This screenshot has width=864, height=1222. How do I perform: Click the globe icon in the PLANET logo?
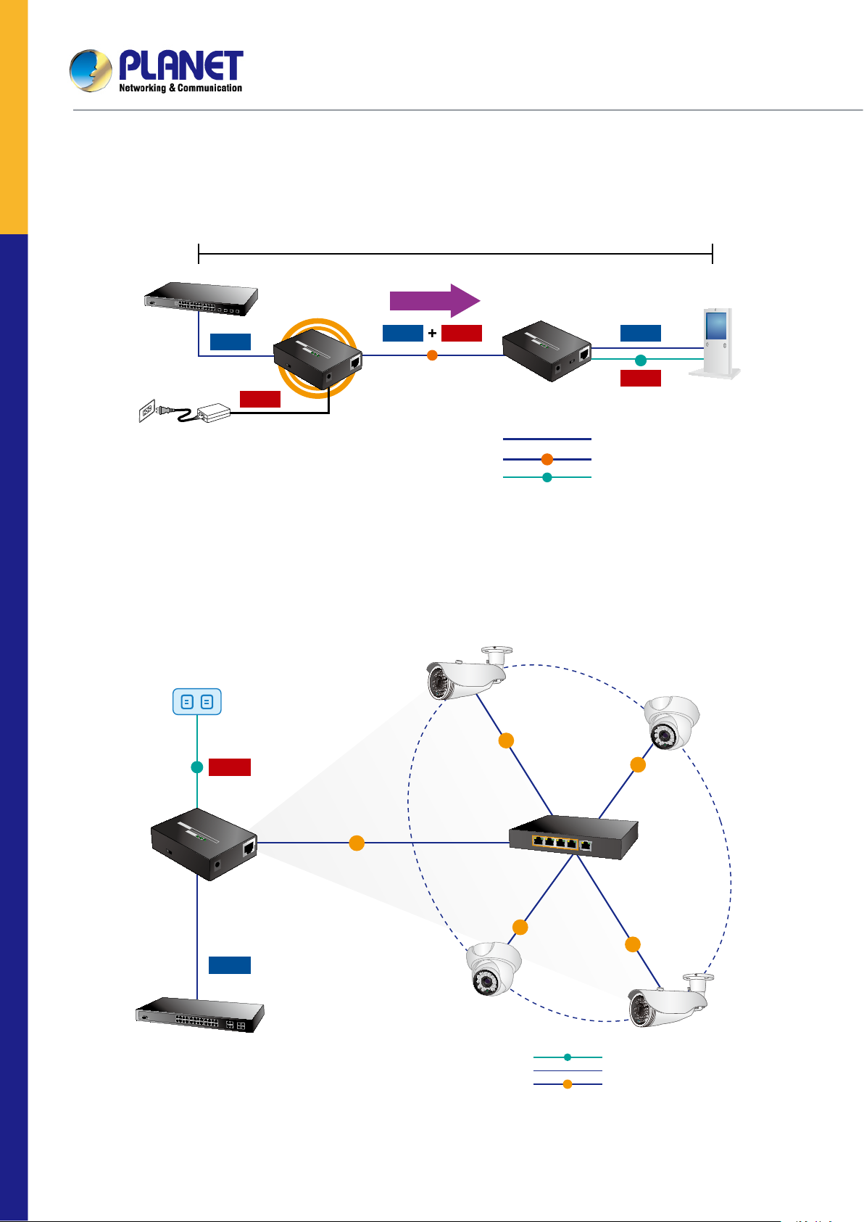[x=91, y=70]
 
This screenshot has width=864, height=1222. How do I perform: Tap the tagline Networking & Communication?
[x=180, y=88]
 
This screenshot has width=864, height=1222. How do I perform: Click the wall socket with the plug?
[x=148, y=412]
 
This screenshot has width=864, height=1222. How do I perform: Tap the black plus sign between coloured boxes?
[x=432, y=333]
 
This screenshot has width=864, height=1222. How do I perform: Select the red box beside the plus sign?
[x=462, y=333]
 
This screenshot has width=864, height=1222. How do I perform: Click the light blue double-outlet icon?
[x=197, y=701]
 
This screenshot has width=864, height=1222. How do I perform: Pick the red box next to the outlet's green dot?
[x=230, y=767]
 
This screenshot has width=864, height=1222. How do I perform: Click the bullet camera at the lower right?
[x=667, y=1001]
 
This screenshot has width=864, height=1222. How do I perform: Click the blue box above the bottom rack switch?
[x=230, y=965]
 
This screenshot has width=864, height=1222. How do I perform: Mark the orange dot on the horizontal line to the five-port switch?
[x=357, y=843]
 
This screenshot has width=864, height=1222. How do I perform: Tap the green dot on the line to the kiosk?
[x=641, y=360]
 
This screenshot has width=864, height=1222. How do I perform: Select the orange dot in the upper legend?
[x=547, y=459]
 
